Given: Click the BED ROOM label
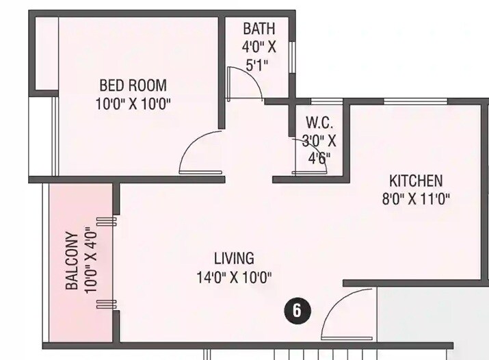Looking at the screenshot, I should click(x=133, y=86).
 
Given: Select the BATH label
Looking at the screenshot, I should click(x=259, y=29).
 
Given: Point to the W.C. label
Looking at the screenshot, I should click(x=319, y=124).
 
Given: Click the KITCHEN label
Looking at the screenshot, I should click(x=416, y=181).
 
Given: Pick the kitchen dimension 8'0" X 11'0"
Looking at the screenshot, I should click(x=416, y=200).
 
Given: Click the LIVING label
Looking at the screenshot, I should click(x=234, y=259).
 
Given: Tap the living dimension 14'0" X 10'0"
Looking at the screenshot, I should click(x=234, y=277).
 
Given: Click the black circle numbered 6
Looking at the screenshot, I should click(x=297, y=310).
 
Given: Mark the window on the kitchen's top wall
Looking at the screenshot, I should click(x=406, y=102).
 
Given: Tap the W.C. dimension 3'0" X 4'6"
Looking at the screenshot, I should click(x=319, y=150).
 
